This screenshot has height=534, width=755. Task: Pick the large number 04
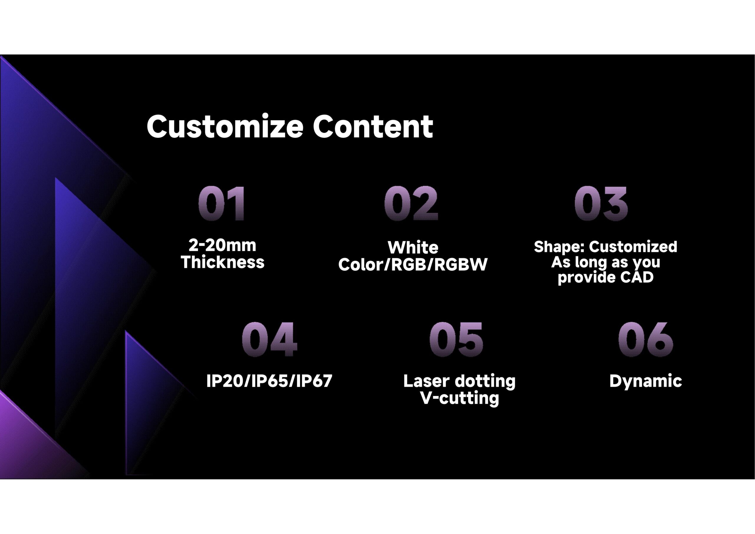point(270,339)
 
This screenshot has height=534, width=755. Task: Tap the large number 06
point(646,339)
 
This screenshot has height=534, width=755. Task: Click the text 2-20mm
point(222,245)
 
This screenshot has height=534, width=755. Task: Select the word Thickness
point(223,262)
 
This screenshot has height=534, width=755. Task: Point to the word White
point(413,248)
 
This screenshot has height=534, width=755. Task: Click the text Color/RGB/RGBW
point(413,265)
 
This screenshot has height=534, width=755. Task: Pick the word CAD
point(637,277)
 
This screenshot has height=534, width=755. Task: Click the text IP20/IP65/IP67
point(269,381)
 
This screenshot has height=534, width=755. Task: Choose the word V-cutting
point(460,398)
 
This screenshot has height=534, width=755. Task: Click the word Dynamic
point(646,382)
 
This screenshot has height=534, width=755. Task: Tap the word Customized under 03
point(633,246)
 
